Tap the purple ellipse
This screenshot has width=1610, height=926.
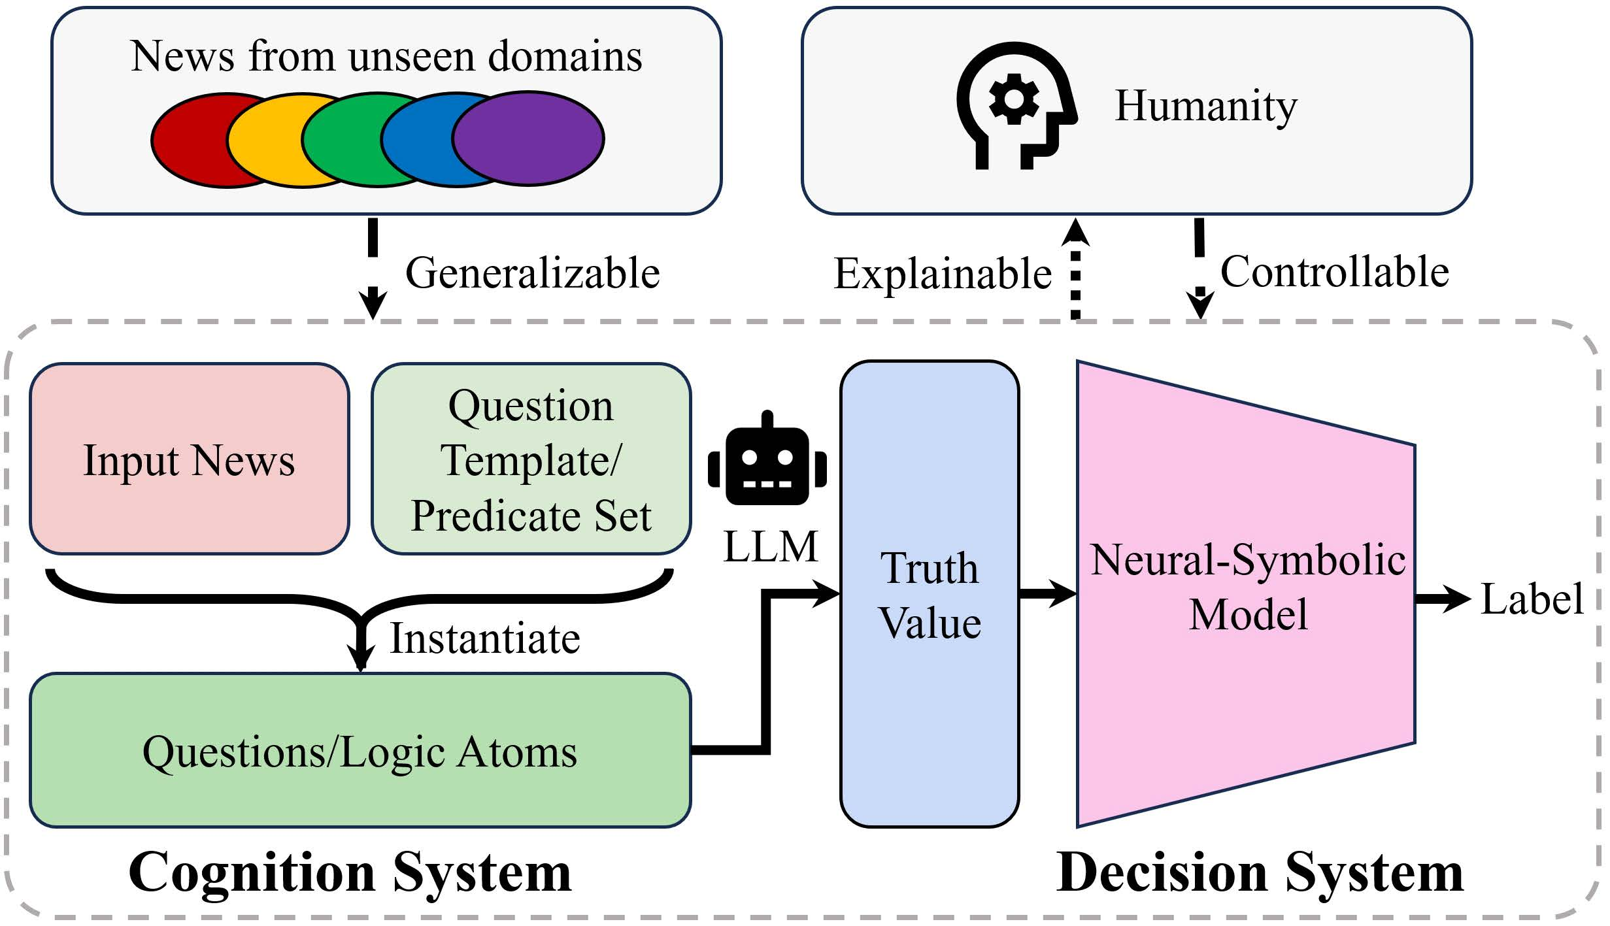(x=528, y=139)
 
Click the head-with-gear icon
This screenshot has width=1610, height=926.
(x=1016, y=105)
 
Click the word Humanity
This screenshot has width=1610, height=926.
(x=1206, y=107)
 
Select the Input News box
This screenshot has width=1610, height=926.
(x=190, y=459)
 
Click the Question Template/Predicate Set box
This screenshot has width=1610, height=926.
(x=531, y=459)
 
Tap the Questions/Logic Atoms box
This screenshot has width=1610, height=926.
(x=360, y=750)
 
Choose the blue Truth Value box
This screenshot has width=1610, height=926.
(x=930, y=594)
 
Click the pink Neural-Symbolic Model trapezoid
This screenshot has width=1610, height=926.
(x=1247, y=594)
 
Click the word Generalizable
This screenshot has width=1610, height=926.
(x=533, y=273)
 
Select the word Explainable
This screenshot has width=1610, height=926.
(x=943, y=274)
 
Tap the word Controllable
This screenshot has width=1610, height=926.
(x=1335, y=272)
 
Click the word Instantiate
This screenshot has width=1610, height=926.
(x=485, y=638)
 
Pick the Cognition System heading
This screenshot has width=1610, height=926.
(x=350, y=873)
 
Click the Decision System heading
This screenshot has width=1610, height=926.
(x=1260, y=873)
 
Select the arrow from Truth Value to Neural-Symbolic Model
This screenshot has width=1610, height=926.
(x=1048, y=594)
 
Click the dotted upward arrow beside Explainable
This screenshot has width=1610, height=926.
(x=1075, y=269)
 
